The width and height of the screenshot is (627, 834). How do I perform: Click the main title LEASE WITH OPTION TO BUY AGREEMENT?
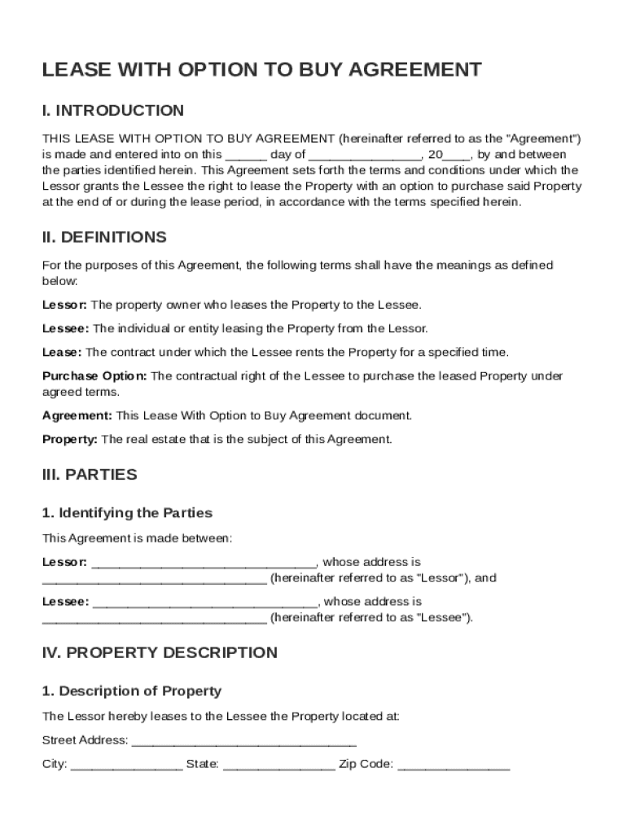tap(261, 70)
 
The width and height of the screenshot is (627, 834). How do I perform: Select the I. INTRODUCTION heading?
tap(113, 110)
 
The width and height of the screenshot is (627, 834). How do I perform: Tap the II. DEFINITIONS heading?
tap(104, 237)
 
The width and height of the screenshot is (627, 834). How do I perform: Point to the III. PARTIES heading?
tap(90, 474)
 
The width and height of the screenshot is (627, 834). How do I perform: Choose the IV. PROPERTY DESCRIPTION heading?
tap(160, 652)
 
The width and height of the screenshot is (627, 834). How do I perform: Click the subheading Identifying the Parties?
tap(127, 513)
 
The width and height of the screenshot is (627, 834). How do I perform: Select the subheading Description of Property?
tap(132, 691)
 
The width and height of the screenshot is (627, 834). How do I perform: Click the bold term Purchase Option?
tap(94, 376)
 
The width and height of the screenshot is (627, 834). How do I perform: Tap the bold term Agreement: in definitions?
tap(77, 415)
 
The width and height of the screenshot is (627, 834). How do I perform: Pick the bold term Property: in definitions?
tap(70, 439)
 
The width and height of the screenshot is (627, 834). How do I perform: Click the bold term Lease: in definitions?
tap(62, 353)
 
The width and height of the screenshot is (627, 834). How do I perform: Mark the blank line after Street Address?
tap(243, 741)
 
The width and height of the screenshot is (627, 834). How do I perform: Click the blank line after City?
tap(126, 766)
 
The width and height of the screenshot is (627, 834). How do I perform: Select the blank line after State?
tap(278, 766)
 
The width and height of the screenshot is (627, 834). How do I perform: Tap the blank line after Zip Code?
tap(454, 766)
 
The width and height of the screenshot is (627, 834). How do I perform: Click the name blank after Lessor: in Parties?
tap(204, 563)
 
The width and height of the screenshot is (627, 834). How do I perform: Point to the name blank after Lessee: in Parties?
tap(206, 603)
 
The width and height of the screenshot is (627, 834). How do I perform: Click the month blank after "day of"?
tap(365, 155)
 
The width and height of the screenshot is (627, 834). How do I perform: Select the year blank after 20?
tap(457, 155)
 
